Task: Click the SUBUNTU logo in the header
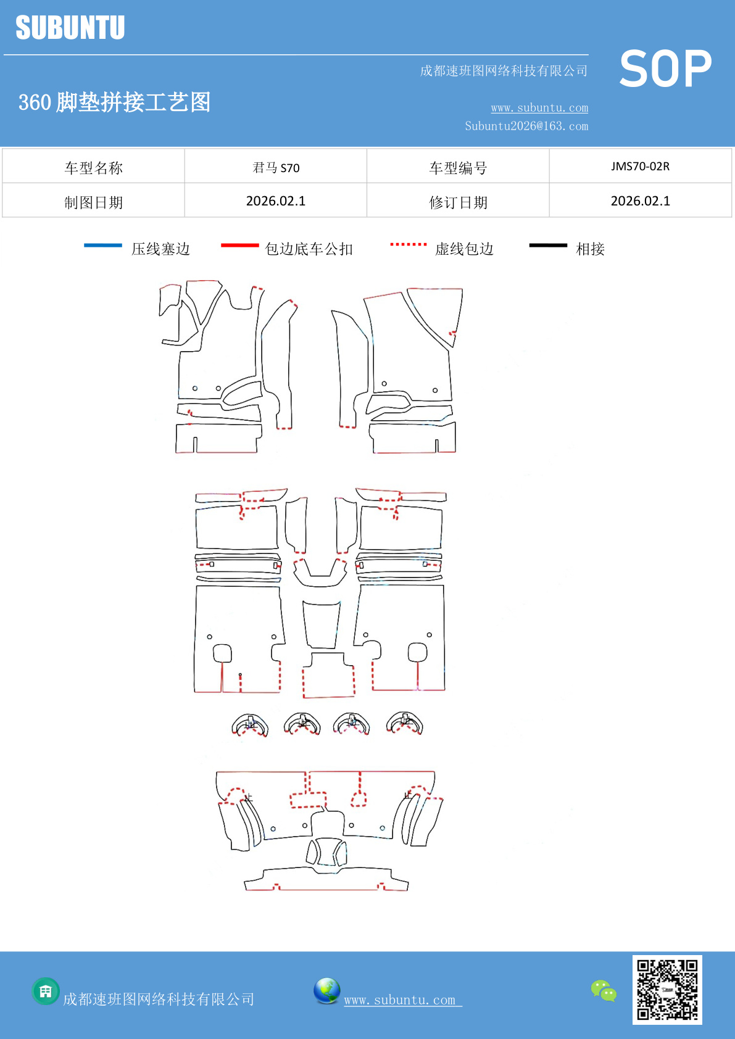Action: [x=70, y=28]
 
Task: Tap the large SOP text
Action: [x=665, y=69]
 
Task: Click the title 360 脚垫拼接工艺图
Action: [x=115, y=102]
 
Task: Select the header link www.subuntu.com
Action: [x=539, y=108]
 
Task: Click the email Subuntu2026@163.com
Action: [x=526, y=126]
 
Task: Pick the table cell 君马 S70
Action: [x=276, y=167]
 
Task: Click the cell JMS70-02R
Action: [x=640, y=167]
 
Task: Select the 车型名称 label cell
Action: [x=94, y=168]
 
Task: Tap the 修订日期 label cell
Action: [x=458, y=202]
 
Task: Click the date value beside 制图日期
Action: [x=276, y=201]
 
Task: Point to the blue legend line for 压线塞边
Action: [x=103, y=246]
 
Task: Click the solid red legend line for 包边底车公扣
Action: [x=239, y=246]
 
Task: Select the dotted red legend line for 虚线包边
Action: [x=408, y=245]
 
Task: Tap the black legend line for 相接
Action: [x=548, y=246]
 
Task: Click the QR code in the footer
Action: [x=667, y=990]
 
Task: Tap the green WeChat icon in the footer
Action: [x=604, y=991]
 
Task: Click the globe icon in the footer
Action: [x=326, y=991]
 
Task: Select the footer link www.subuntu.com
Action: [x=401, y=1000]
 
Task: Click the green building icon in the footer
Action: [x=46, y=991]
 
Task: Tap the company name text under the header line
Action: [x=504, y=71]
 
